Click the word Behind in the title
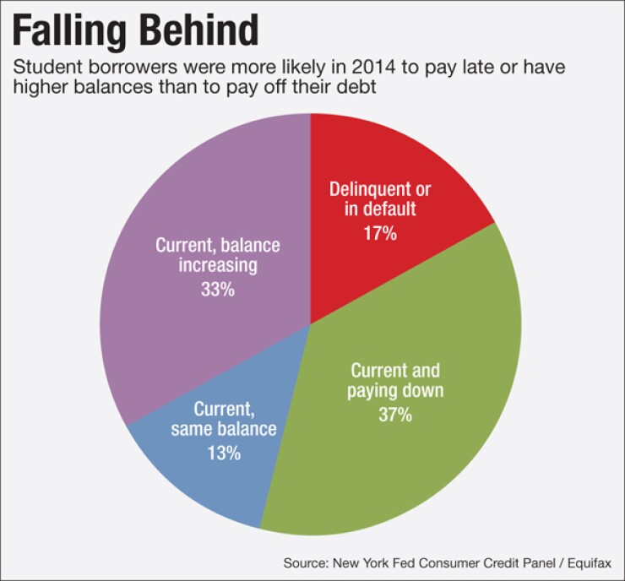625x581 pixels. tap(197, 31)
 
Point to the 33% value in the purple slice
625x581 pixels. tap(217, 290)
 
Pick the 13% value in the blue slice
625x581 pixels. tap(224, 453)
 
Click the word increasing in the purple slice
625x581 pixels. tap(217, 266)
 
